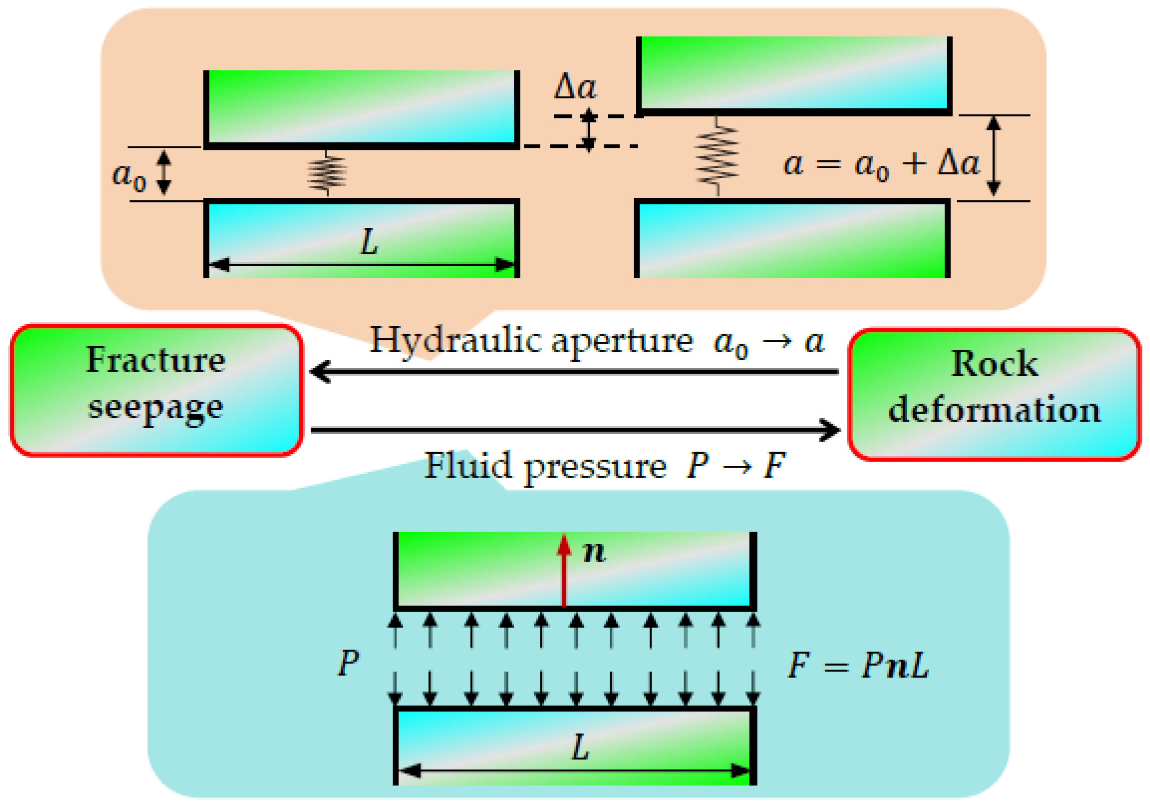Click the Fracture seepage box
pos(156,390)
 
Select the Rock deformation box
pos(995,394)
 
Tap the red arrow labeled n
pos(565,571)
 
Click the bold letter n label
pos(594,552)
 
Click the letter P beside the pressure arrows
pos(348,663)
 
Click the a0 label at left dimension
pos(129,176)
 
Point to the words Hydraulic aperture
pos(531,341)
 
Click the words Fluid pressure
pos(545,466)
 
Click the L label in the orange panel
pos(369,242)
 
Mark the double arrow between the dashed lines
pos(589,130)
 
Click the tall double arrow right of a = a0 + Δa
pos(994,156)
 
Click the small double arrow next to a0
pos(164,173)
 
